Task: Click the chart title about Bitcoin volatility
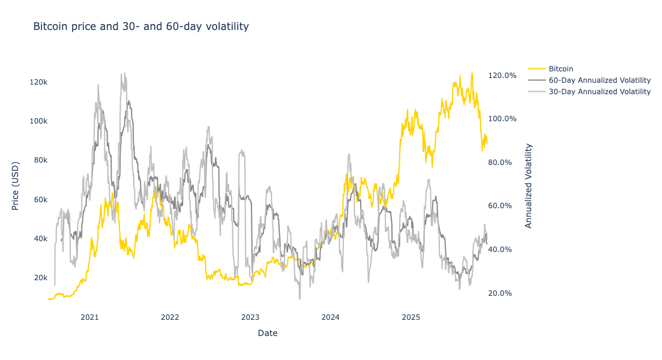tap(140, 27)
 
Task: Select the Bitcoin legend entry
tap(561, 69)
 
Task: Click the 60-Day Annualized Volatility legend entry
tap(599, 80)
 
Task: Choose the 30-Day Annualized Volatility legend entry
tap(599, 92)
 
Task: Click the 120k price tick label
tap(39, 82)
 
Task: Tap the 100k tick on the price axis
tap(39, 121)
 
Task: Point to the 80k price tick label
tap(41, 160)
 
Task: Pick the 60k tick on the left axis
tap(41, 200)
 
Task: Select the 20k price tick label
tap(41, 278)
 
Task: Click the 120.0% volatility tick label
tap(502, 76)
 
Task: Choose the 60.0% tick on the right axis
tap(502, 206)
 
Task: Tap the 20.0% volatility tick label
tap(502, 293)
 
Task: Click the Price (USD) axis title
tap(16, 185)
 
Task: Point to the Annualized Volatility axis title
tap(529, 185)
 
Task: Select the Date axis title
tap(267, 332)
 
